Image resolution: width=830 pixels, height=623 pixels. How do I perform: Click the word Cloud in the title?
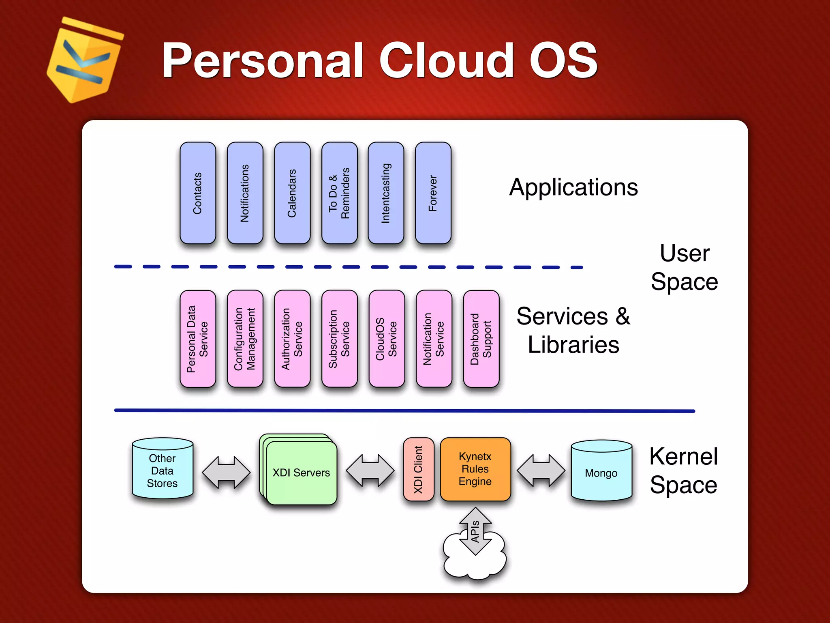(446, 61)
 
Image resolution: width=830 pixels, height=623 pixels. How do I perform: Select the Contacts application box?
(198, 193)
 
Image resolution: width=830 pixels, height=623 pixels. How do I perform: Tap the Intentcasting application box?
(386, 193)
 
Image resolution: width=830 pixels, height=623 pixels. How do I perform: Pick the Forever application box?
(433, 193)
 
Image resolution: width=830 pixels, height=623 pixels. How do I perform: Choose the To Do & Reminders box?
(339, 193)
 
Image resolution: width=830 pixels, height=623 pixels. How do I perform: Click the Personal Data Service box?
(198, 339)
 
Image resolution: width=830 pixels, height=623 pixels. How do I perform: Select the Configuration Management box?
(245, 339)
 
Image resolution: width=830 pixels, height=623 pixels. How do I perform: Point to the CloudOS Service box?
(387, 339)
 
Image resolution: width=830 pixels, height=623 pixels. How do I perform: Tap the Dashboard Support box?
(481, 339)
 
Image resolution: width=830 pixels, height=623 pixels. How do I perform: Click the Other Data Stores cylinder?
(163, 470)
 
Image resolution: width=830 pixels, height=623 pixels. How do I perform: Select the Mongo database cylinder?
(601, 471)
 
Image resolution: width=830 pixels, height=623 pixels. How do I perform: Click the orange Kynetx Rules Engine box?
(475, 469)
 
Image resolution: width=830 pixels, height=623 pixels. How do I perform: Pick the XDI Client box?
(419, 469)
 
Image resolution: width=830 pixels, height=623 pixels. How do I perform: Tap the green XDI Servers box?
(302, 473)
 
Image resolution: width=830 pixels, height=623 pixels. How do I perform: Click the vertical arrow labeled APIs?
(475, 531)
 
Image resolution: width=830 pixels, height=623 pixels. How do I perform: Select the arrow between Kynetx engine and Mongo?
(541, 470)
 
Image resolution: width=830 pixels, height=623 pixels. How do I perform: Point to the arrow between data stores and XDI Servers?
(226, 472)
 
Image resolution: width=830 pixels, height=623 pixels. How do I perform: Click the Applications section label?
(573, 187)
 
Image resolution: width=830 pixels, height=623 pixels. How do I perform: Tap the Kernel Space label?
(684, 470)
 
